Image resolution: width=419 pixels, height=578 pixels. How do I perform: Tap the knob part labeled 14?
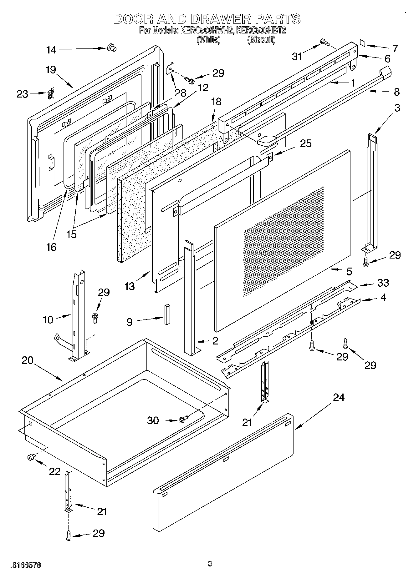(x=111, y=48)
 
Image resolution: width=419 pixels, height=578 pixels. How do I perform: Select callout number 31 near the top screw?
(x=297, y=56)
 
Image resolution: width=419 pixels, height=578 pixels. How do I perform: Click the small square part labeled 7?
(x=363, y=43)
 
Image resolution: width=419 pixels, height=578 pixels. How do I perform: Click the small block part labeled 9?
(x=167, y=314)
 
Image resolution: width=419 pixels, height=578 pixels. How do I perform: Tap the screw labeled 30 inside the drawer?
(x=183, y=419)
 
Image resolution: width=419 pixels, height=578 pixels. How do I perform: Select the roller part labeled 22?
(x=31, y=458)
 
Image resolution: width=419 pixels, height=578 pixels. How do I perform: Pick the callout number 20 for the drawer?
(x=28, y=360)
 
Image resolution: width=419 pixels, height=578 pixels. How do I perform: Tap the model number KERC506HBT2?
(x=261, y=30)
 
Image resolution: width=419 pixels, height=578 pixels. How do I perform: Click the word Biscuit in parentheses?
(x=261, y=40)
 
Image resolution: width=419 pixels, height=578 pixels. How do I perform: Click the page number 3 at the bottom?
(x=210, y=564)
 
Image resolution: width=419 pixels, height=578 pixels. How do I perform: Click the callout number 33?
(x=383, y=283)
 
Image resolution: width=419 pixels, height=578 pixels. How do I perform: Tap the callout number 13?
(x=129, y=286)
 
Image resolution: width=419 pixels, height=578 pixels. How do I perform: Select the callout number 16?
(x=51, y=247)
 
